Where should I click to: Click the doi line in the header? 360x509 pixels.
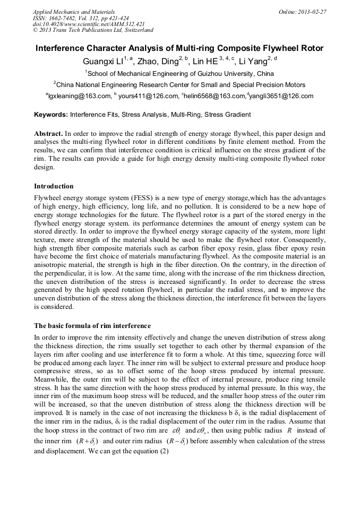89,24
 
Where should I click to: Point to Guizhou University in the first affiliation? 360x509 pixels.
226,74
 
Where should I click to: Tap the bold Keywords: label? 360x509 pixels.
51,114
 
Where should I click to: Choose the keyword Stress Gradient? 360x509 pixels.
228,114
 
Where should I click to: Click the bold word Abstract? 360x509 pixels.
49,134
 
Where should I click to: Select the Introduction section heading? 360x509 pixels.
54,186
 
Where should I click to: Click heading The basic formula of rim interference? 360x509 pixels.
92,325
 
